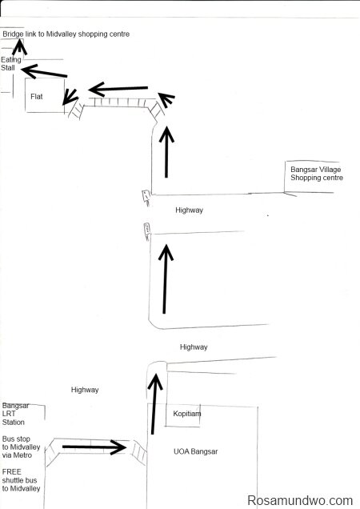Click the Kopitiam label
(186, 414)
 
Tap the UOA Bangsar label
(195, 451)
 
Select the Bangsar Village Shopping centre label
(317, 174)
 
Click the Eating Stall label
(10, 64)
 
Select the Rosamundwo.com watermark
(300, 500)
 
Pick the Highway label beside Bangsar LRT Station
(85, 390)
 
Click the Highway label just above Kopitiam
(194, 347)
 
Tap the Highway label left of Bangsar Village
(189, 210)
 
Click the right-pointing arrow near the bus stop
(94, 447)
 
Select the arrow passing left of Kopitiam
(154, 404)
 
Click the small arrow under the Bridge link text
(19, 46)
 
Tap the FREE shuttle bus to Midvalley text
(21, 480)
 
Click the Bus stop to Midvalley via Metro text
(21, 447)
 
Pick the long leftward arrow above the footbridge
(118, 89)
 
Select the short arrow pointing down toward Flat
(70, 97)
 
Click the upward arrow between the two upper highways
(166, 279)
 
